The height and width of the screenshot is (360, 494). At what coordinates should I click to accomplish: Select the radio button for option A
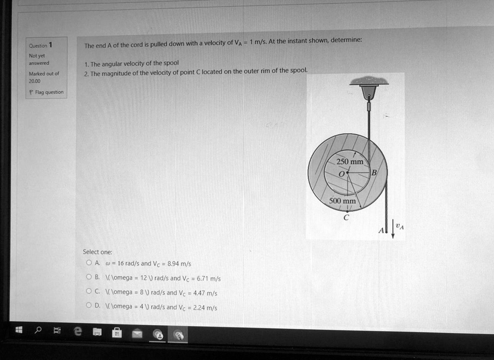(88, 263)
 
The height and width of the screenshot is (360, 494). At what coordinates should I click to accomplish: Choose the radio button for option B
(88, 277)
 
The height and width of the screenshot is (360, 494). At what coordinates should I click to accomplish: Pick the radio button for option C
(88, 292)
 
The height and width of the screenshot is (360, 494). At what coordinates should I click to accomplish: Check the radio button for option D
(88, 306)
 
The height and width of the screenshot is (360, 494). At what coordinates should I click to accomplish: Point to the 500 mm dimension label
(343, 201)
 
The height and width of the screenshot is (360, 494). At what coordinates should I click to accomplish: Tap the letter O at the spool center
(342, 173)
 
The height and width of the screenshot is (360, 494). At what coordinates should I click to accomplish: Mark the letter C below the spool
(345, 218)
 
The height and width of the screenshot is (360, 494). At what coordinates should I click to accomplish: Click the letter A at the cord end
(380, 231)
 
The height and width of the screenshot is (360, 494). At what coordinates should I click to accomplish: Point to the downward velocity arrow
(393, 230)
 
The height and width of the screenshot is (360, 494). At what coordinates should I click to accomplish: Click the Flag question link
(47, 92)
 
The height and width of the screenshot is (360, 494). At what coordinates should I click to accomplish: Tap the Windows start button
(19, 331)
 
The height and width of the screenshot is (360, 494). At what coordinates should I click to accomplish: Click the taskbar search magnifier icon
(38, 331)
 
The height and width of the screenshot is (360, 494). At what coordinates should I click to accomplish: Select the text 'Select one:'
(97, 252)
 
